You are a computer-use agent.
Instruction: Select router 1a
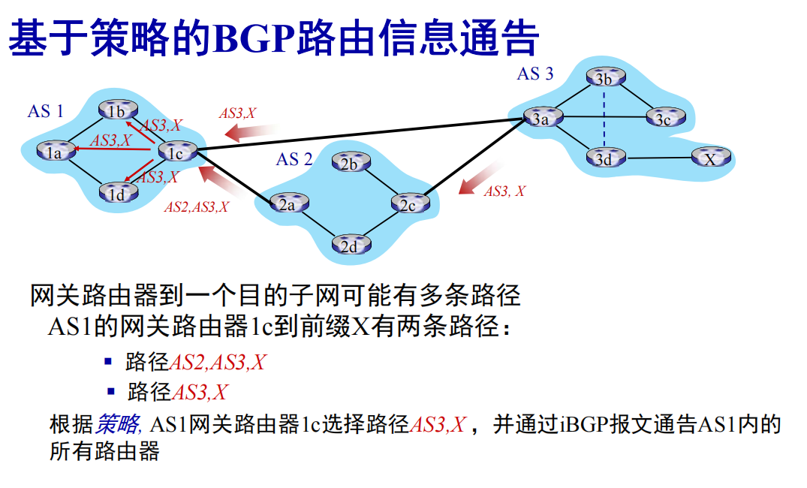(x=55, y=152)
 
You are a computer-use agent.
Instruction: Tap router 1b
(x=116, y=112)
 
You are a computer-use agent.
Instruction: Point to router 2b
(x=350, y=164)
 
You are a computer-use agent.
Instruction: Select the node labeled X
(x=709, y=158)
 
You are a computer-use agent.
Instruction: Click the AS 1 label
(x=45, y=112)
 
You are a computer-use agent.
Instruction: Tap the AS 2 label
(x=294, y=159)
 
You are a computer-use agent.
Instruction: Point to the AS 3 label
(x=534, y=74)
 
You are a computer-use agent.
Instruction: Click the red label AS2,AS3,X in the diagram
(x=197, y=207)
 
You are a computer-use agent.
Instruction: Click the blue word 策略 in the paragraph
(x=118, y=425)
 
